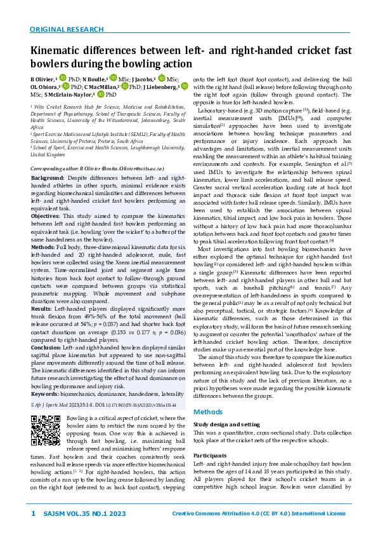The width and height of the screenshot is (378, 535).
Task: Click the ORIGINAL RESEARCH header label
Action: pos(67,29)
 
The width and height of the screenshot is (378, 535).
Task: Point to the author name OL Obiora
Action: pos(43,86)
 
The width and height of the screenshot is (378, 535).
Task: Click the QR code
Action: pos(46,414)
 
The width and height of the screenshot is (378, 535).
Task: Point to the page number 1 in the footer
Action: pos(33,513)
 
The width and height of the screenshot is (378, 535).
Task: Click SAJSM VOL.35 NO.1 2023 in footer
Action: pos(80,513)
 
